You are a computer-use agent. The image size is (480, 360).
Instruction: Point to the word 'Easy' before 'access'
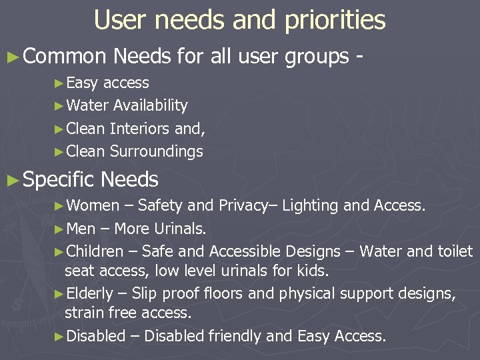(83, 83)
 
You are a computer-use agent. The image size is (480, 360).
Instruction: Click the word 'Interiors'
(139, 129)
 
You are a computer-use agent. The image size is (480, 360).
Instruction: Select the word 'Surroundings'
(156, 151)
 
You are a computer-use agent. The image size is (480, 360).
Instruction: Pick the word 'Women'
(93, 205)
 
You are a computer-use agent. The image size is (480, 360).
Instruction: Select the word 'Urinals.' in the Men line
(181, 229)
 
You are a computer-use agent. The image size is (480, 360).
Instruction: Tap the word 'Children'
(95, 251)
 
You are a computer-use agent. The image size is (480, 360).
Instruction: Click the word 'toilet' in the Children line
(455, 251)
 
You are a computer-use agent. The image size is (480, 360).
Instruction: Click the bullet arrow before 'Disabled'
(58, 337)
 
